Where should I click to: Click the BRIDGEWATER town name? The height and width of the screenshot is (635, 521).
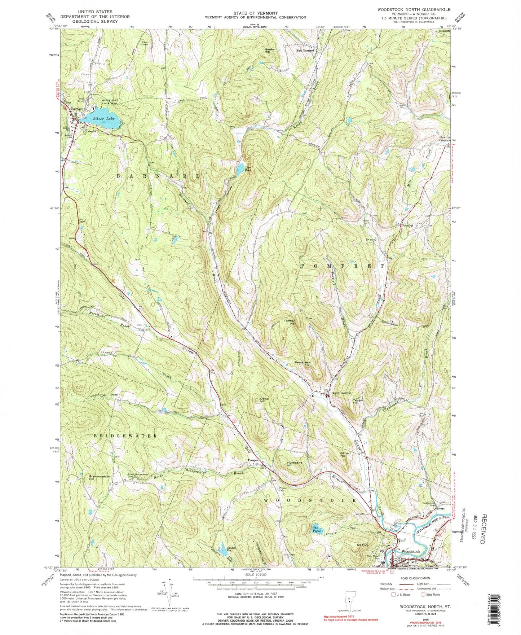[126, 436]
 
